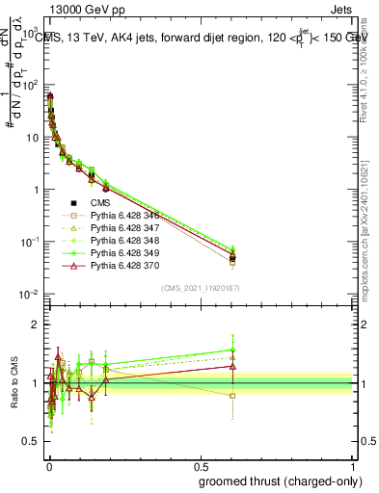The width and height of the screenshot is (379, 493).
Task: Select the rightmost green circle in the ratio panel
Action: point(232,350)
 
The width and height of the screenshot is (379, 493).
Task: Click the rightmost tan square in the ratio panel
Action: point(232,396)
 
